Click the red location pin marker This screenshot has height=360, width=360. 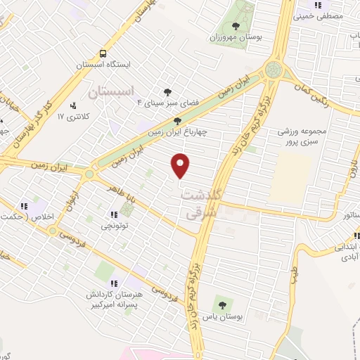click(x=181, y=165)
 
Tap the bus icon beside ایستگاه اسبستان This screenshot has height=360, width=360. click(x=103, y=53)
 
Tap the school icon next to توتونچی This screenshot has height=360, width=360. click(x=113, y=214)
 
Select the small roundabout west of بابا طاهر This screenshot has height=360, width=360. click(x=89, y=174)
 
